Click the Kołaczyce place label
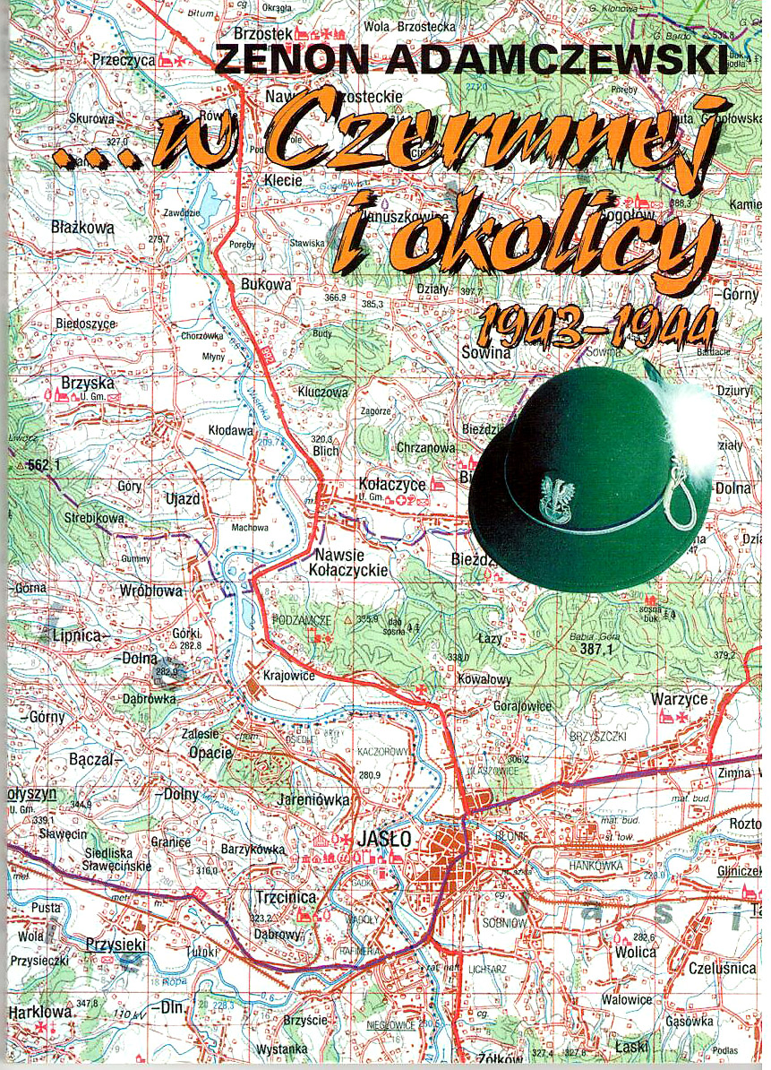391,484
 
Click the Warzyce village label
680,699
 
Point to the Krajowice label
289,676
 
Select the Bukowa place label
267,284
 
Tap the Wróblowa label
150,591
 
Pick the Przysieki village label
115,944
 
